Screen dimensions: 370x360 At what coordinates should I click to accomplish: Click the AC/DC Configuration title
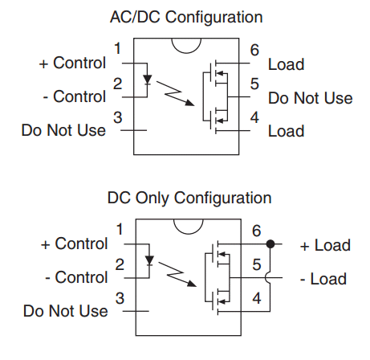(186, 18)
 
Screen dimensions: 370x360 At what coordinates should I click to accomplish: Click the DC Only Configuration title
(189, 198)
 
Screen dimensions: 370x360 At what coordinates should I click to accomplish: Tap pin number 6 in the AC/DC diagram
(254, 50)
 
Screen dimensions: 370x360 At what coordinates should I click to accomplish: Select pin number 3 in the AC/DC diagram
(118, 117)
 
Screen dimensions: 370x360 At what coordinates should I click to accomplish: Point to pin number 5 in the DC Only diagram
(257, 264)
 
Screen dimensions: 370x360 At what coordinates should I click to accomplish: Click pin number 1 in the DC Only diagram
(120, 230)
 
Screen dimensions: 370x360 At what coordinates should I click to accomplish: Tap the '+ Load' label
(325, 245)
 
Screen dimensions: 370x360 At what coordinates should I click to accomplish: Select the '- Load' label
(323, 279)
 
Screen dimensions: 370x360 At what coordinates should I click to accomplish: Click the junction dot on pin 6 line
(270, 244)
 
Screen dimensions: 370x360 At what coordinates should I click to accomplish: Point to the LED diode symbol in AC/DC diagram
(147, 80)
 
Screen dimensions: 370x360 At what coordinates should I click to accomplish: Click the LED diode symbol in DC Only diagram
(149, 260)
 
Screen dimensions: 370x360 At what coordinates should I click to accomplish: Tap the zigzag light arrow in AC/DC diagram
(175, 93)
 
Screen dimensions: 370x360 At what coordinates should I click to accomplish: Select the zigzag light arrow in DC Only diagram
(177, 274)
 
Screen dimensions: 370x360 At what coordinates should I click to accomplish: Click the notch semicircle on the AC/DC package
(186, 53)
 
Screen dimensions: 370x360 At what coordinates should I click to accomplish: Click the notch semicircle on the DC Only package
(189, 234)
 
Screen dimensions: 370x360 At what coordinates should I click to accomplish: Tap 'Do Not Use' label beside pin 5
(311, 98)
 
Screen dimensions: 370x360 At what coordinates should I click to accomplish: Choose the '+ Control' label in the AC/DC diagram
(72, 63)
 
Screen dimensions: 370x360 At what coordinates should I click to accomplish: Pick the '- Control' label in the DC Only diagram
(76, 277)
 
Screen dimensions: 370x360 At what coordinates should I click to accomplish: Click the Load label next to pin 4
(287, 131)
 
